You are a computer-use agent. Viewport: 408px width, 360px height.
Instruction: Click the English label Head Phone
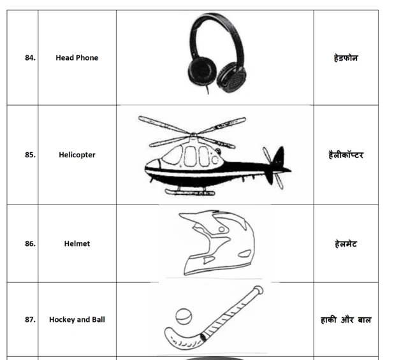77,58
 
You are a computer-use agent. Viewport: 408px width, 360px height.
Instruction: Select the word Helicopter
77,155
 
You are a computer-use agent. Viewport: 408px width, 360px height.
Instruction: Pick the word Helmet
77,243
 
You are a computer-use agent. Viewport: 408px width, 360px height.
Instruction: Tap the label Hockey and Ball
77,320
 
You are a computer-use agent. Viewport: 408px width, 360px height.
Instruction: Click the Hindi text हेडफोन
346,58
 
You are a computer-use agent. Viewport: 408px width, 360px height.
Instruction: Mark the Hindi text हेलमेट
346,243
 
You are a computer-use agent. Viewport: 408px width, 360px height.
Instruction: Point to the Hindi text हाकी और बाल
346,319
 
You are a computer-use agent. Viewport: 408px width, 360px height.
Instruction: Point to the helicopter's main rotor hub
193,135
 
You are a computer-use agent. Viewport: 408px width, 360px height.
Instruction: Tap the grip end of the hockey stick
256,291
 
